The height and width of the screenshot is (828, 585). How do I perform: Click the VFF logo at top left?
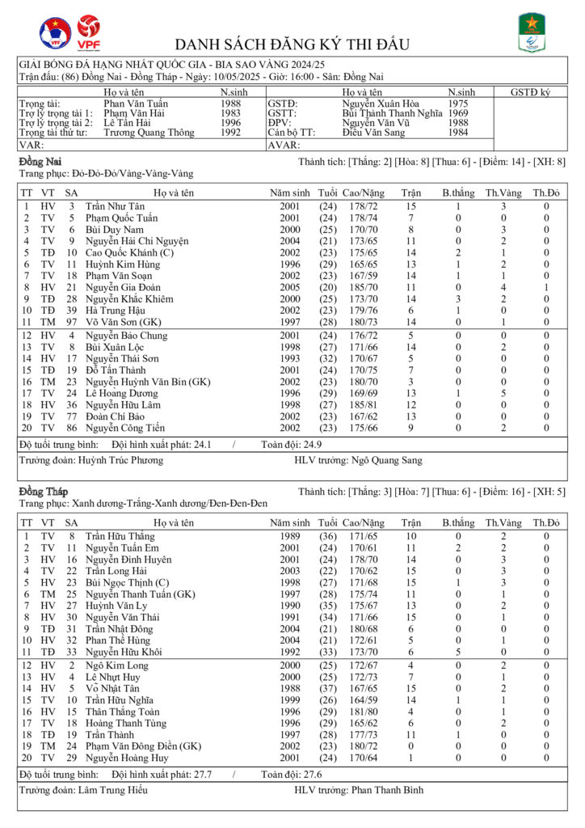(x=55, y=33)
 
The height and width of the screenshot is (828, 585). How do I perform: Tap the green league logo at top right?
(x=530, y=33)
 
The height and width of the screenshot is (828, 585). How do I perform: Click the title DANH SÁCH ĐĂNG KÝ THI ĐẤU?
(x=292, y=44)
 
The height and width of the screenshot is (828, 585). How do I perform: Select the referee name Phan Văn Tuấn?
(x=136, y=103)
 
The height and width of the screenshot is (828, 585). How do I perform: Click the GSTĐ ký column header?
(x=530, y=93)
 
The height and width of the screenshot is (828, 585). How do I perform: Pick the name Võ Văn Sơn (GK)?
(x=120, y=321)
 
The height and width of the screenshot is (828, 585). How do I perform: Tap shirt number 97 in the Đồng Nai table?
(x=72, y=321)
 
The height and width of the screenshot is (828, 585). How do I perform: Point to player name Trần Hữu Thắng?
(x=120, y=536)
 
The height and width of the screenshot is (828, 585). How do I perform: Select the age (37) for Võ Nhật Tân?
(x=327, y=688)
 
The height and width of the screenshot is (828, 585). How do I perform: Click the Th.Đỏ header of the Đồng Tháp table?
(x=545, y=523)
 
